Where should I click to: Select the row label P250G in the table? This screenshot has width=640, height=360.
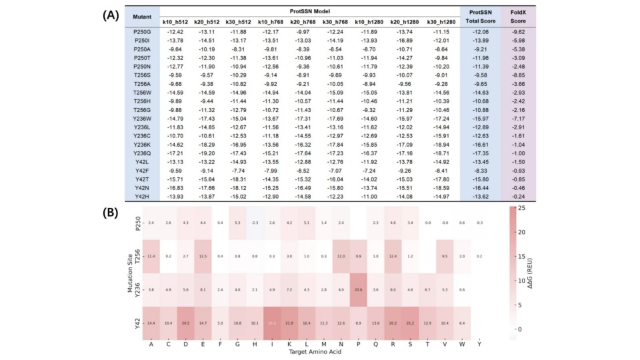coord(142,31)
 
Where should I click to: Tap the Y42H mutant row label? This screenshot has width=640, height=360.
coord(142,196)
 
